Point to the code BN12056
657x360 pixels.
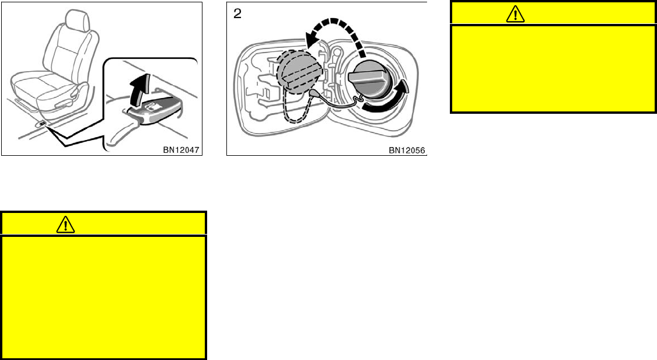(x=406, y=150)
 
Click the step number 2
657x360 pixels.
(x=237, y=13)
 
